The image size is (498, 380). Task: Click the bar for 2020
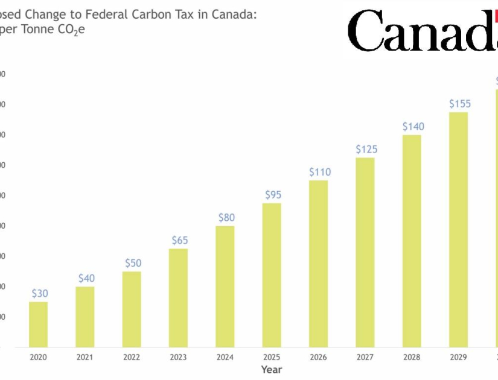point(38,324)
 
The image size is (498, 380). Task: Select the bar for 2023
point(178,297)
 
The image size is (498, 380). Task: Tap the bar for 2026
point(318,264)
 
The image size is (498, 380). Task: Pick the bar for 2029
point(458,229)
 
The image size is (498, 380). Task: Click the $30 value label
point(40,293)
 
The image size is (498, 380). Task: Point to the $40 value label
point(86,278)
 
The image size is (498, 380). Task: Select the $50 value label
point(133,263)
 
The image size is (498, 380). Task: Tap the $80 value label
point(226,217)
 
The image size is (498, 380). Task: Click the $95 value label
point(273,195)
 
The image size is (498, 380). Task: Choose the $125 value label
point(366,149)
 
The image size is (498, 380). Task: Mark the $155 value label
point(459,104)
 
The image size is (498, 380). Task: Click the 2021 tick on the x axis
point(85,357)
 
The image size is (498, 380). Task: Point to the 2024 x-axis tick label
point(225,357)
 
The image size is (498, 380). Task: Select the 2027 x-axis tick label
point(365,357)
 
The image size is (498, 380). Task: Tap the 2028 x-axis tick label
point(412,357)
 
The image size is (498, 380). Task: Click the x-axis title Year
point(271,369)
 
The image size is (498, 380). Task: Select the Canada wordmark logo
point(423,30)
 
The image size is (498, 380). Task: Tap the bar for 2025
point(272,275)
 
